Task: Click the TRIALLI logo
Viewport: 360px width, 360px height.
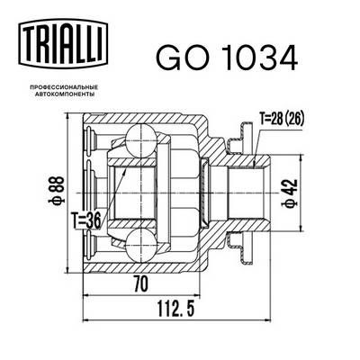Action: click(x=62, y=44)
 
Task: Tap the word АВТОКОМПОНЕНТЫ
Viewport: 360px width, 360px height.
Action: click(x=62, y=92)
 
